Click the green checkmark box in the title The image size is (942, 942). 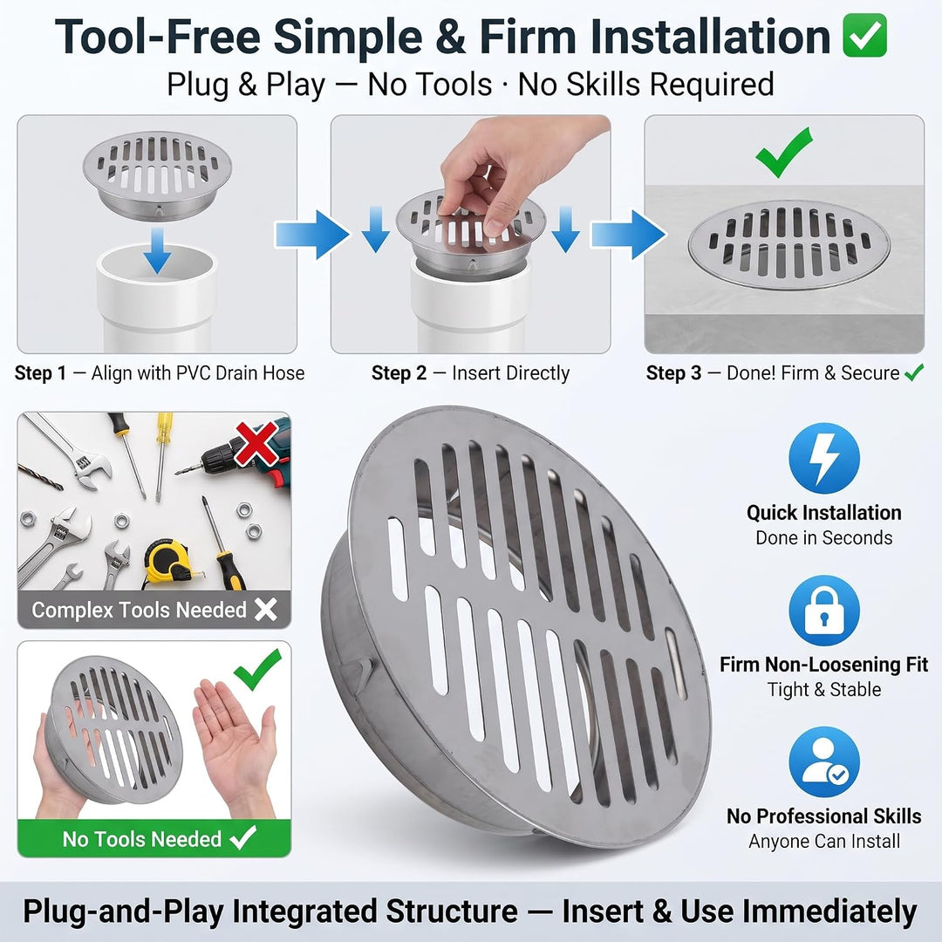[x=865, y=36]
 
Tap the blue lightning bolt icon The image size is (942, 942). [x=823, y=458]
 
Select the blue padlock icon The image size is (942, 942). [x=823, y=611]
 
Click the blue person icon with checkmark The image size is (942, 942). [x=823, y=761]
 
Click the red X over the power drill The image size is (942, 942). [x=256, y=443]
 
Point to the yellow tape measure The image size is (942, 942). [x=167, y=563]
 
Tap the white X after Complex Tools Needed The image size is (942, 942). [x=265, y=609]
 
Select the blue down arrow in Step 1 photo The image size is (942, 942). [x=157, y=250]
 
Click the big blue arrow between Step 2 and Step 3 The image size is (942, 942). [x=628, y=235]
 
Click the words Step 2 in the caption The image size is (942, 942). [x=399, y=373]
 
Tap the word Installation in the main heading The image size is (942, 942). [x=710, y=38]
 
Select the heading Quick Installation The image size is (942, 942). [x=823, y=513]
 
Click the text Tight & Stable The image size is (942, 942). [x=823, y=689]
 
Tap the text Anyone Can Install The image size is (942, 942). [x=823, y=841]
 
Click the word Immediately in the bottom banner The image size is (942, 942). [x=829, y=911]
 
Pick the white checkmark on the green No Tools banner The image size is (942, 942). [x=243, y=837]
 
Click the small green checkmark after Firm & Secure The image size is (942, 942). [x=914, y=372]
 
